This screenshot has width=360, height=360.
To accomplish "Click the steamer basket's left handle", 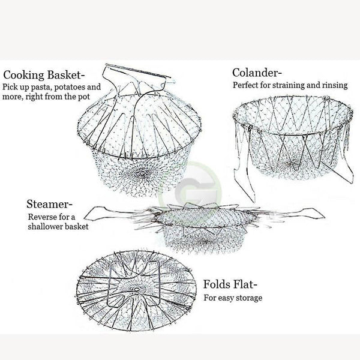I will coord(105,212).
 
